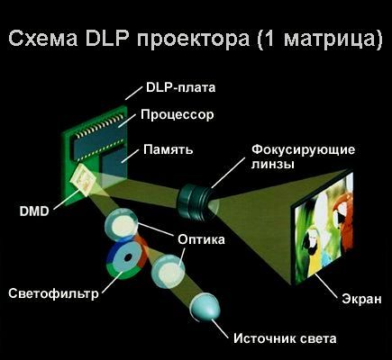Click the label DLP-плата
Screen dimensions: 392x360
(180, 87)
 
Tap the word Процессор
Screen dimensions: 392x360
(178, 115)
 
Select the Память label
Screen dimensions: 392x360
(169, 149)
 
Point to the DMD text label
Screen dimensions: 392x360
(34, 211)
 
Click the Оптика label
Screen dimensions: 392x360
(201, 239)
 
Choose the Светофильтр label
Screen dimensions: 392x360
(53, 293)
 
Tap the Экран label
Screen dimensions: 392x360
(361, 299)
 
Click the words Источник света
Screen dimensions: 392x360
(285, 338)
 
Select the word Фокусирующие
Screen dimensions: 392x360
(303, 149)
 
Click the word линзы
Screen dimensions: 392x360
(272, 165)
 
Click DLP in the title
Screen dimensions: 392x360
(110, 39)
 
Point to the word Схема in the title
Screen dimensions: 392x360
(43, 39)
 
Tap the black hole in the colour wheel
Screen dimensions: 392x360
(129, 257)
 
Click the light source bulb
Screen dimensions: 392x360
(205, 307)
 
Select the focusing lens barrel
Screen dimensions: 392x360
(194, 202)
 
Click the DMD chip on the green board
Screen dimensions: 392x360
(84, 180)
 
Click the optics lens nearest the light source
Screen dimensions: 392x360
(168, 272)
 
